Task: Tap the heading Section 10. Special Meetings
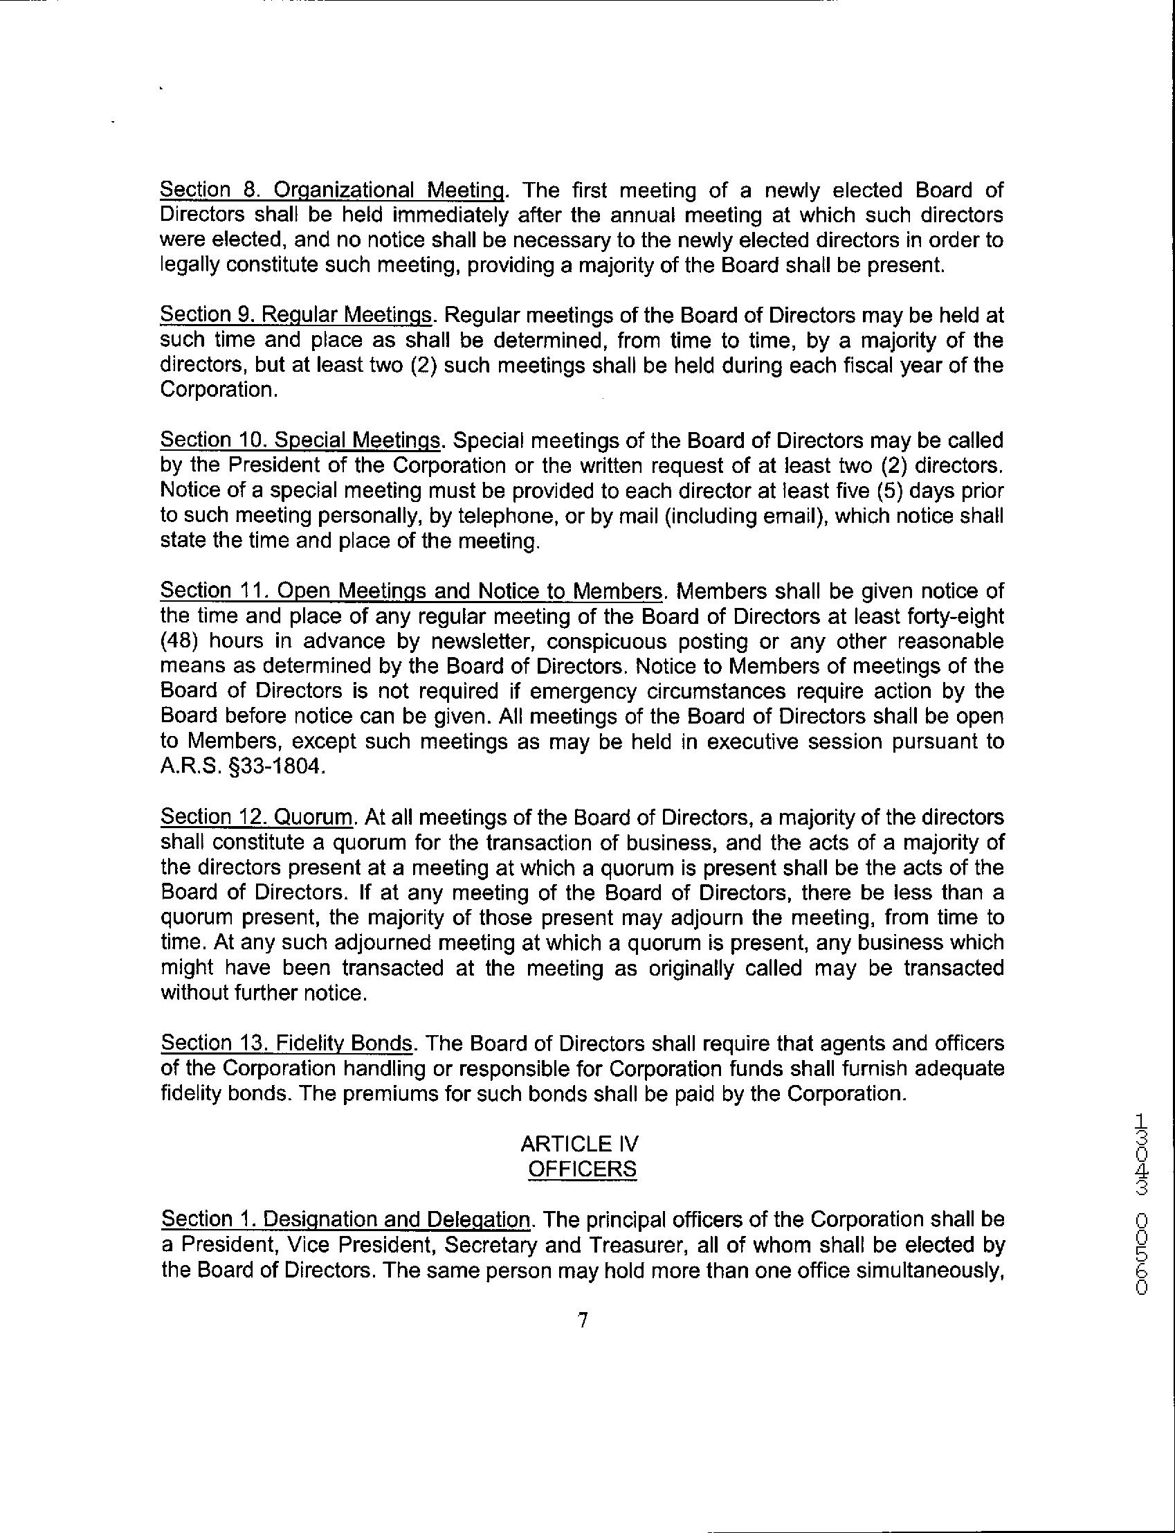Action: click(x=301, y=440)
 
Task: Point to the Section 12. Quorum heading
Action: click(x=257, y=816)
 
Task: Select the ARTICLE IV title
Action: click(x=580, y=1144)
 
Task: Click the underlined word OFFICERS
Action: click(x=582, y=1169)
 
